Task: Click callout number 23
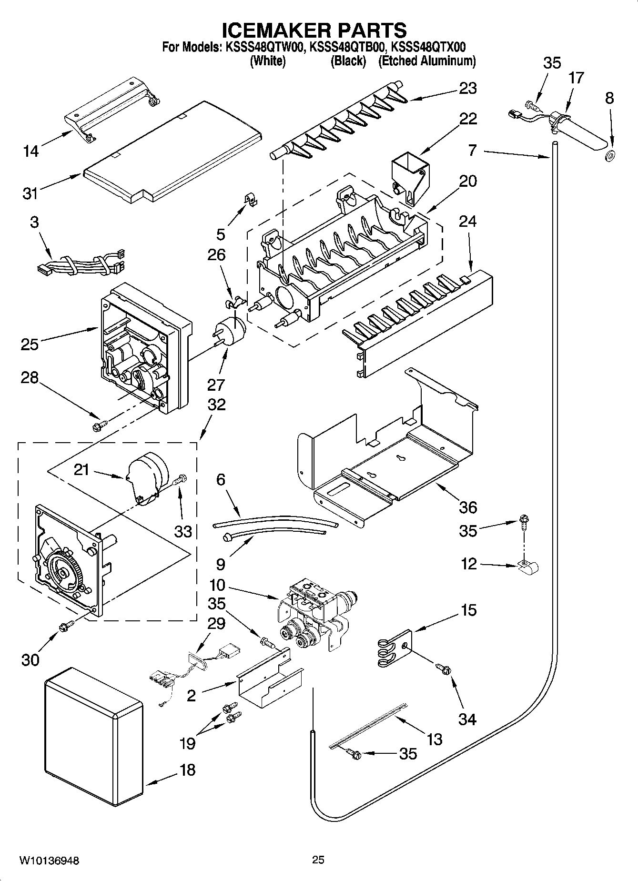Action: [467, 88]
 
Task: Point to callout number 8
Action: [609, 98]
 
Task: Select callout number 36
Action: [467, 507]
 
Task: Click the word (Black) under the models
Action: [348, 61]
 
